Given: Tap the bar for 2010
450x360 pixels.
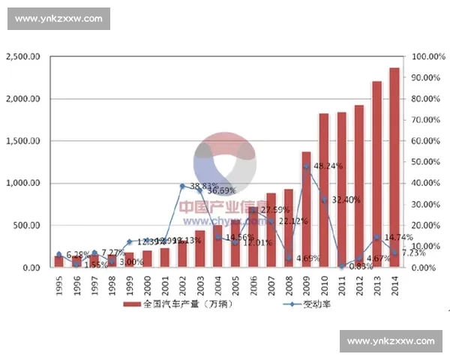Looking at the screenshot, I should pyautogui.click(x=324, y=190).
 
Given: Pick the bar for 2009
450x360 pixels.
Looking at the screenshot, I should pyautogui.click(x=306, y=209).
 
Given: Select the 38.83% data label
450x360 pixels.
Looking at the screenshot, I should pyautogui.click(x=204, y=185).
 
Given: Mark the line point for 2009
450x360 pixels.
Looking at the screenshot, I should pyautogui.click(x=306, y=166).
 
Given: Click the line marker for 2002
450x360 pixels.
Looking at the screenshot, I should pyautogui.click(x=182, y=186).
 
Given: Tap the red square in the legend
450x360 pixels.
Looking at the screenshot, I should pyautogui.click(x=127, y=305).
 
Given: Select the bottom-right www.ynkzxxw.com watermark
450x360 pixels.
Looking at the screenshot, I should pyautogui.click(x=390, y=341).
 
